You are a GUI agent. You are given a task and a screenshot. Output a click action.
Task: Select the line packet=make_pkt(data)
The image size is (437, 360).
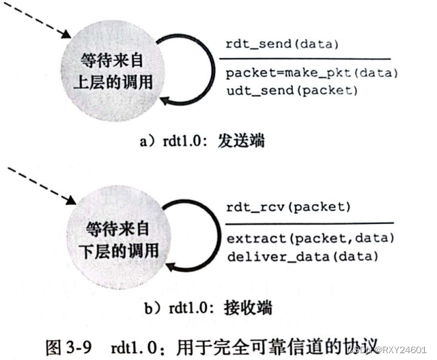tap(311, 73)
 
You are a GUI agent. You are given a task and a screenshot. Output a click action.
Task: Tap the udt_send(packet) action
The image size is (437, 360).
tap(290, 89)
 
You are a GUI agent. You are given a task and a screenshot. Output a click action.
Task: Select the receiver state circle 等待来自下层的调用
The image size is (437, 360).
tap(122, 238)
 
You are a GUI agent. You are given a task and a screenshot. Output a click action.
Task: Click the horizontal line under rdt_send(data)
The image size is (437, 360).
tap(307, 59)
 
